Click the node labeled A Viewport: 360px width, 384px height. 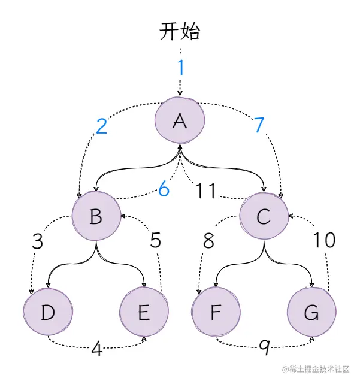tap(179, 121)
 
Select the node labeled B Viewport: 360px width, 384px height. tap(96, 216)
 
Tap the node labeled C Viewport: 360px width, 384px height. tap(264, 216)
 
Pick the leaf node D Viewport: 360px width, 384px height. tap(48, 312)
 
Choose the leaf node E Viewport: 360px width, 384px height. tap(144, 312)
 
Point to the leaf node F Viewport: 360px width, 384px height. tap(216, 312)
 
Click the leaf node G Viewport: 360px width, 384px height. tap(311, 312)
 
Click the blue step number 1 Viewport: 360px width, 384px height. tap(180, 68)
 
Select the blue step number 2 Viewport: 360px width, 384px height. tap(102, 126)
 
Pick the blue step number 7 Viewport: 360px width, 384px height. tap(259, 126)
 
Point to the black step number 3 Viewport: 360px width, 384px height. tap(38, 241)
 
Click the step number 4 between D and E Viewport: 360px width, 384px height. tap(96, 349)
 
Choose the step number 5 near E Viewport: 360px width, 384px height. tap(155, 241)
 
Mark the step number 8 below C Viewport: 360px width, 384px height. tap(208, 241)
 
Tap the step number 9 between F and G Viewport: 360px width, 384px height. tap(264, 347)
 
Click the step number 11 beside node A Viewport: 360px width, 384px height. tap(206, 191)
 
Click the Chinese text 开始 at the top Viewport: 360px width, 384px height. tap(180, 31)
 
